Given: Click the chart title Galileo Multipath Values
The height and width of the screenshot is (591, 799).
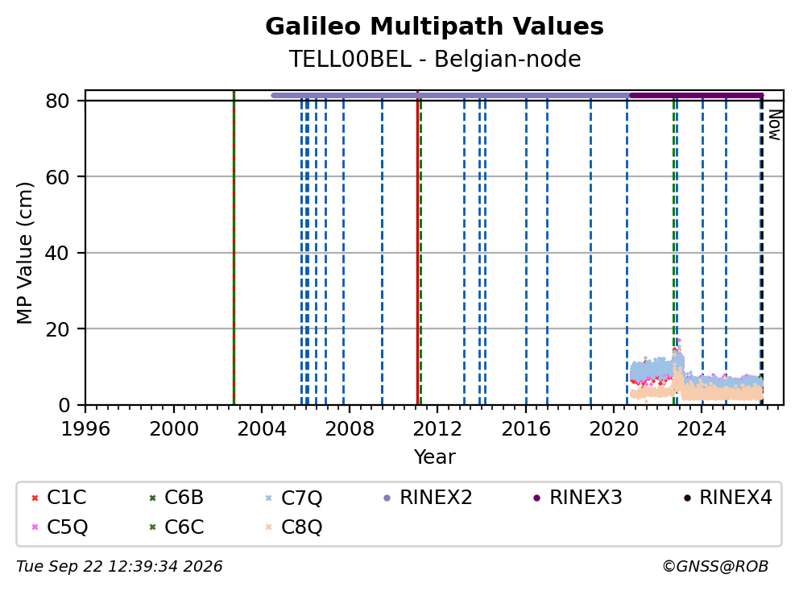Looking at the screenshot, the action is point(434,27).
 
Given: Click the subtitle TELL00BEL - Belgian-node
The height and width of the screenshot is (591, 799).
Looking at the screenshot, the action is point(435,59).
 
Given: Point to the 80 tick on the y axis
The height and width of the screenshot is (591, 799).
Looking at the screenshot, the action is point(57,101).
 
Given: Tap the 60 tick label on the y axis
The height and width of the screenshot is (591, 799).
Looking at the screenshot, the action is point(57,177).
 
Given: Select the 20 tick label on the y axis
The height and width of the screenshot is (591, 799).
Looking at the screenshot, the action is point(57,329).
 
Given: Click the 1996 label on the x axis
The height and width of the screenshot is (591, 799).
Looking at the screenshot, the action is point(85,429).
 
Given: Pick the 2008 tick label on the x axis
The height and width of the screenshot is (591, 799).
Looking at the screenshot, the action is point(350,429).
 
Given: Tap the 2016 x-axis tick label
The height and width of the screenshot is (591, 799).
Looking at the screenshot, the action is point(526,429).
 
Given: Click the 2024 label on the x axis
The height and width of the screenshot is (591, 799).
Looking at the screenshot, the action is point(702,429).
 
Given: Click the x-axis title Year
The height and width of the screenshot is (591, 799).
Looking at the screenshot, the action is point(434,457).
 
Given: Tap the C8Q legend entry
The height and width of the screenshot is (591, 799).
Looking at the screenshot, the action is point(294,527).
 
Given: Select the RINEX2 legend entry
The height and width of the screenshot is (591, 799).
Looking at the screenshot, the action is point(428,498).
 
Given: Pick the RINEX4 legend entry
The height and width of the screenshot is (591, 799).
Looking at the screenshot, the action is point(727,498).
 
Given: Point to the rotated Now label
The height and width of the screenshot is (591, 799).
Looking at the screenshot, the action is point(775,125).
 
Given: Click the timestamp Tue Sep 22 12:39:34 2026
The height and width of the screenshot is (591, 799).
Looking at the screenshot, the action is point(119,567).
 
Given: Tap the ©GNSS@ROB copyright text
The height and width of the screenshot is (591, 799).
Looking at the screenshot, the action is point(715,567).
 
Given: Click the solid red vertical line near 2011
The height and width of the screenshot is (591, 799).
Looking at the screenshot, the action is point(417,248).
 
